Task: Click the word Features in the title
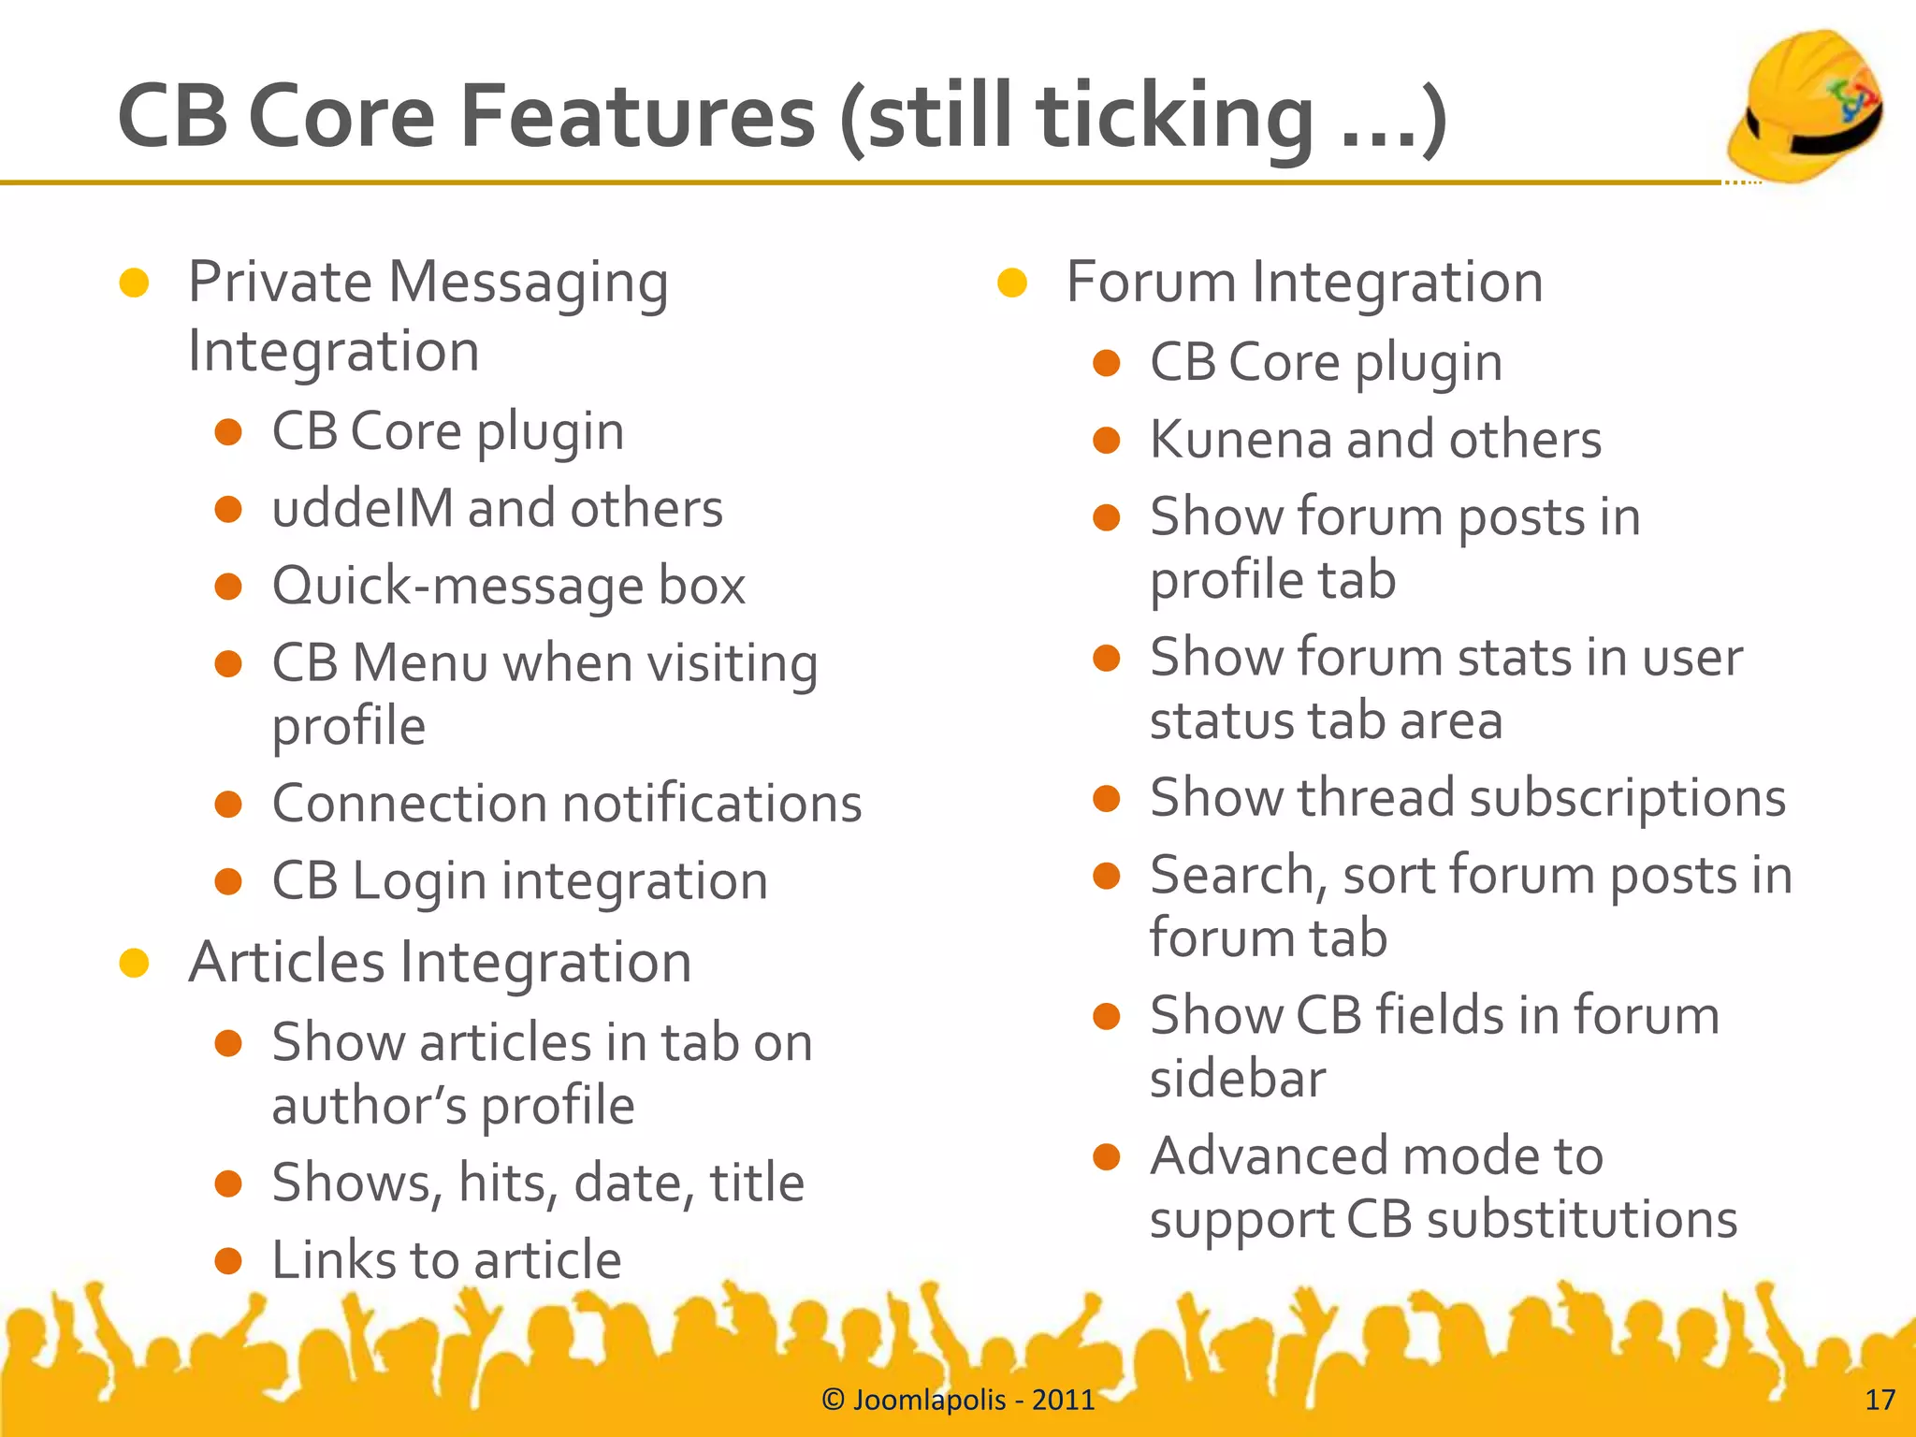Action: tap(637, 117)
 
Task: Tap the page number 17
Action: tap(1880, 1400)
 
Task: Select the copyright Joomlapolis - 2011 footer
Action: tap(957, 1400)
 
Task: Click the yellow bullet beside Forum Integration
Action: tap(1012, 283)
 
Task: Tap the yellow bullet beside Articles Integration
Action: tap(135, 963)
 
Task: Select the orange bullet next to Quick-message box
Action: tap(228, 588)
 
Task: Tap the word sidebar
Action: tap(1237, 1080)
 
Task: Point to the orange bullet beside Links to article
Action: tap(228, 1261)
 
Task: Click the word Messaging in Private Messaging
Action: tap(529, 283)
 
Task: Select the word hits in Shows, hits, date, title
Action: tap(504, 1183)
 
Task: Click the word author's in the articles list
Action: tap(369, 1107)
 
